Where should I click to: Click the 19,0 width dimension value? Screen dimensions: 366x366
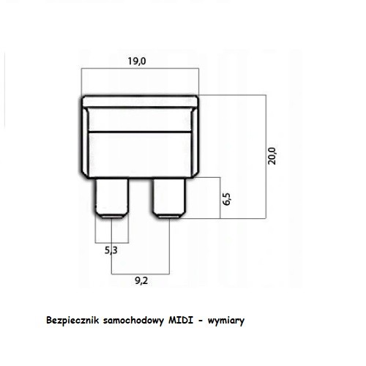coord(137,61)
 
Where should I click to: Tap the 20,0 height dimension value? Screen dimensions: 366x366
coord(272,156)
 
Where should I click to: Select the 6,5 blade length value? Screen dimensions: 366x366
coord(227,199)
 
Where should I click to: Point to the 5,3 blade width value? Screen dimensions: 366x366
coord(111,250)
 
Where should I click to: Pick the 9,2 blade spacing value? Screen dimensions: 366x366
coord(141,281)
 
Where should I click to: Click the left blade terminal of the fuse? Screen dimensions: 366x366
coord(111,198)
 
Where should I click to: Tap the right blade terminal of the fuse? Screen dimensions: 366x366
coord(169,198)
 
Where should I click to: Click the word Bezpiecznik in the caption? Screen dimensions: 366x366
coord(72,320)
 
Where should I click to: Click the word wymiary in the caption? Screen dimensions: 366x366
coord(226,321)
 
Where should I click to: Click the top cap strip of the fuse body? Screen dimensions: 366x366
coord(140,102)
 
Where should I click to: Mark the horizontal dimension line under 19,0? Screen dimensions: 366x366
coord(140,69)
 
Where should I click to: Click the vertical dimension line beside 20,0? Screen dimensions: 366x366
coord(266,157)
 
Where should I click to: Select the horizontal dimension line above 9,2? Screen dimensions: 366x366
coord(141,274)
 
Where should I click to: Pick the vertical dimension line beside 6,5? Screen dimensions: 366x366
coord(220,198)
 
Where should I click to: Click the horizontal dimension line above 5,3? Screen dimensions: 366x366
coord(112,243)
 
